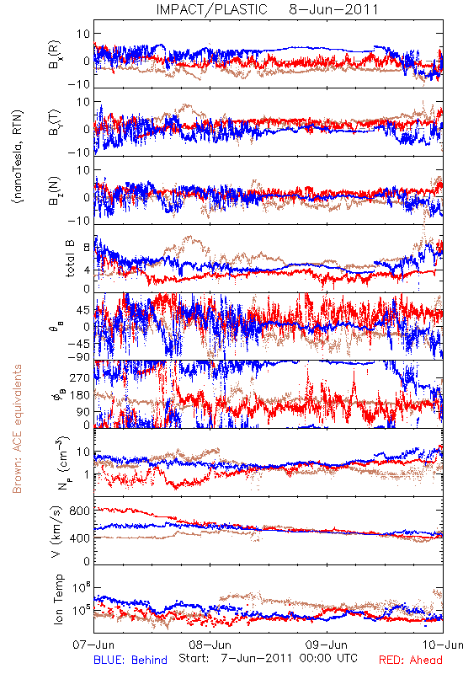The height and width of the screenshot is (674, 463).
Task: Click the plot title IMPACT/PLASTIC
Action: [211, 9]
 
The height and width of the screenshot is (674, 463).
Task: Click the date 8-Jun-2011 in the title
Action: [333, 9]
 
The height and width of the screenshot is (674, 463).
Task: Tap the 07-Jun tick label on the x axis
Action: [94, 645]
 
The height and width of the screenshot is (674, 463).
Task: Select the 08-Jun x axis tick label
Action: [210, 645]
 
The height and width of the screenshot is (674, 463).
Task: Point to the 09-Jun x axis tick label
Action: [327, 645]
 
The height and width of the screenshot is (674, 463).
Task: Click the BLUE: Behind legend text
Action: [130, 660]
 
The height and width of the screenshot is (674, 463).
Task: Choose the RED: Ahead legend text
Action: [411, 660]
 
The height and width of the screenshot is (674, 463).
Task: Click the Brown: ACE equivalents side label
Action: [17, 429]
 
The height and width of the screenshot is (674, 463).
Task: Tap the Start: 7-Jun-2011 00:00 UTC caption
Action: [268, 658]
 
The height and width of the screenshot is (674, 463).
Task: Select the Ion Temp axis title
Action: [59, 599]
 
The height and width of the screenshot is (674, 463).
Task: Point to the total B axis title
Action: [70, 259]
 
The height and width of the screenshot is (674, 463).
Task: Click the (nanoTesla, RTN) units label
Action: [19, 157]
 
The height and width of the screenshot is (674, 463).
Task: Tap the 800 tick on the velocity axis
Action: [80, 511]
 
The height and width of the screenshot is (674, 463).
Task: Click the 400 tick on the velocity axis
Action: [80, 538]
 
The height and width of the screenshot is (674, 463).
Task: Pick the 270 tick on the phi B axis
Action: [80, 377]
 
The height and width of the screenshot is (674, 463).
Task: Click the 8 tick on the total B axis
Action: [87, 247]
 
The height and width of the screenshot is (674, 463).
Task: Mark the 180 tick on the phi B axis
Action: [80, 395]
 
